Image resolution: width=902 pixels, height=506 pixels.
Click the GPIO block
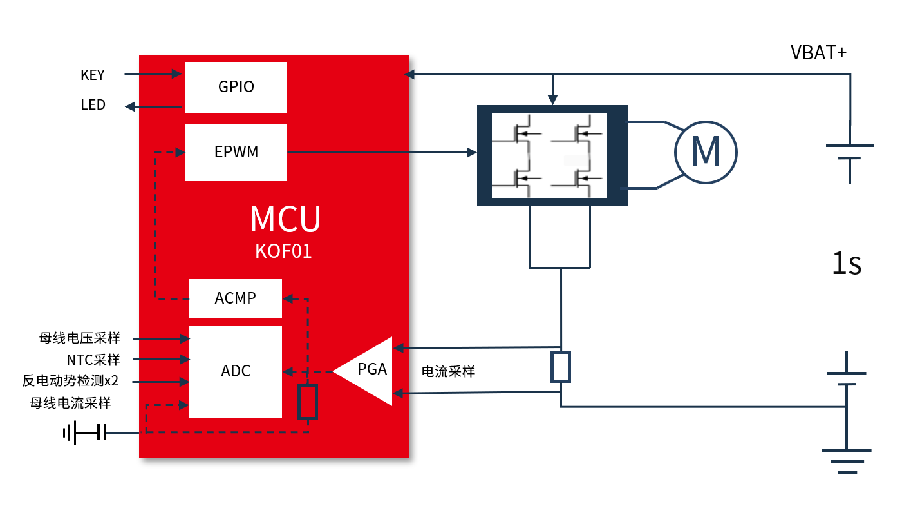(236, 87)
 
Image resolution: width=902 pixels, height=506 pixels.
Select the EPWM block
(236, 152)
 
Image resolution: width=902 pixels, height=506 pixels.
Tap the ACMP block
(235, 298)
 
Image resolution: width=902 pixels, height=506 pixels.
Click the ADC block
(235, 371)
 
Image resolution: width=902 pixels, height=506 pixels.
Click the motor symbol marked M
(705, 153)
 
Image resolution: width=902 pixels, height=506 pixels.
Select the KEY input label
(93, 75)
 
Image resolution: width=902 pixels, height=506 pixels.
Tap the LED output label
(93, 105)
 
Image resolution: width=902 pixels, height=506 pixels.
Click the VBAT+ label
(818, 53)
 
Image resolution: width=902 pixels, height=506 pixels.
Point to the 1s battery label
(847, 264)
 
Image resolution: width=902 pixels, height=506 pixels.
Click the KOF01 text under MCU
(283, 251)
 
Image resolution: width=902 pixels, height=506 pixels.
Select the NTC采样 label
(93, 360)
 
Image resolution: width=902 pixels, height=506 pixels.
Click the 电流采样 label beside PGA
(448, 371)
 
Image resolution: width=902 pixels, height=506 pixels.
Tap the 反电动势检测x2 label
(70, 381)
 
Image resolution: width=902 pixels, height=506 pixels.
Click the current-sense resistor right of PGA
(561, 367)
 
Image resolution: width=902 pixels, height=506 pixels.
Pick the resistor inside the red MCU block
(308, 402)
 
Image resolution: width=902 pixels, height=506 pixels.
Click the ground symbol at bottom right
(846, 462)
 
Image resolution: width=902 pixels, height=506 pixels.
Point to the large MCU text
(285, 220)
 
